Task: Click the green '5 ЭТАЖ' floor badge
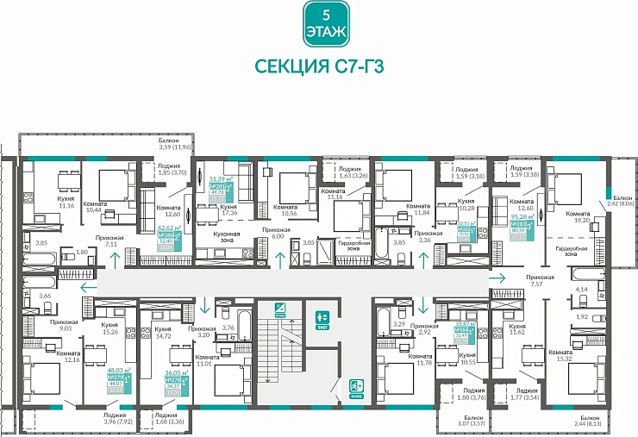pos(318,24)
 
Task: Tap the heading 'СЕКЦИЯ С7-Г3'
pos(318,67)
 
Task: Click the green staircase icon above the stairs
pos(279,308)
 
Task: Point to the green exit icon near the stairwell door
pos(356,388)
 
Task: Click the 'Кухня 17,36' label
pos(228,210)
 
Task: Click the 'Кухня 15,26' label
pos(109,328)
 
